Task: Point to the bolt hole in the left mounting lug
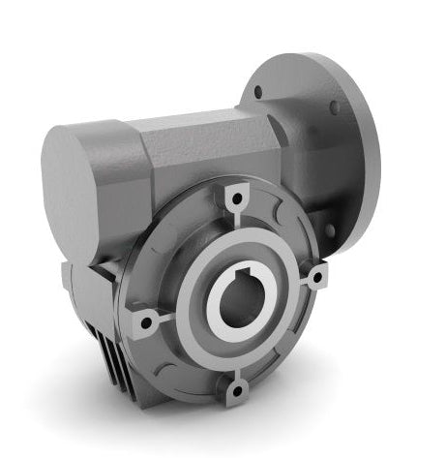click(146, 321)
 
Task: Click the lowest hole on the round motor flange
click(329, 229)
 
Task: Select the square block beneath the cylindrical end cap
click(92, 290)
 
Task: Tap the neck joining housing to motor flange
click(290, 145)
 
